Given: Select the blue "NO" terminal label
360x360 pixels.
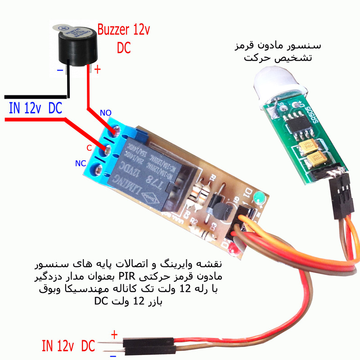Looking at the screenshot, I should click(106, 112).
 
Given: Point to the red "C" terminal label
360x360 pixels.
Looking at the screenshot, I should click(89, 148).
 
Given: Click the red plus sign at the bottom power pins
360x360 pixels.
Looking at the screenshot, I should click(114, 334).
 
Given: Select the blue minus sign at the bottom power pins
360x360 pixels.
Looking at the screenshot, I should click(113, 355).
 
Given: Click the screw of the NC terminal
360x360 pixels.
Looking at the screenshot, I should click(96, 170).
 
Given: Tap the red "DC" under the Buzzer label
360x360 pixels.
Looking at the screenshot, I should click(124, 48).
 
